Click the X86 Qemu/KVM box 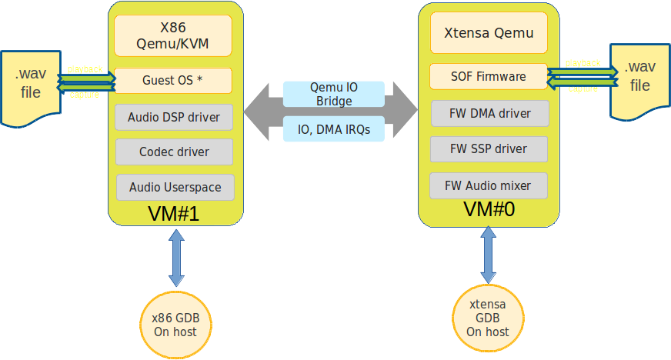(173, 35)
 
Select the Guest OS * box (173, 80)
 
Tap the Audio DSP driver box (175, 117)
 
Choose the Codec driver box (175, 152)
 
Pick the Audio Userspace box (175, 187)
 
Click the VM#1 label (173, 214)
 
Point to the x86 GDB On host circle (175, 325)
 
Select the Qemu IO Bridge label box (333, 94)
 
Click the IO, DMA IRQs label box (333, 129)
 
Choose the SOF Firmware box (489, 76)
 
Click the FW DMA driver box (489, 113)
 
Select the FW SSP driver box (489, 148)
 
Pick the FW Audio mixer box (489, 185)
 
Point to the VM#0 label (489, 209)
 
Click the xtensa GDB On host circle (488, 321)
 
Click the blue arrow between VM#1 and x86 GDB (175, 258)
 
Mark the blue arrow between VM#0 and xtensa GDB (488, 255)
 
